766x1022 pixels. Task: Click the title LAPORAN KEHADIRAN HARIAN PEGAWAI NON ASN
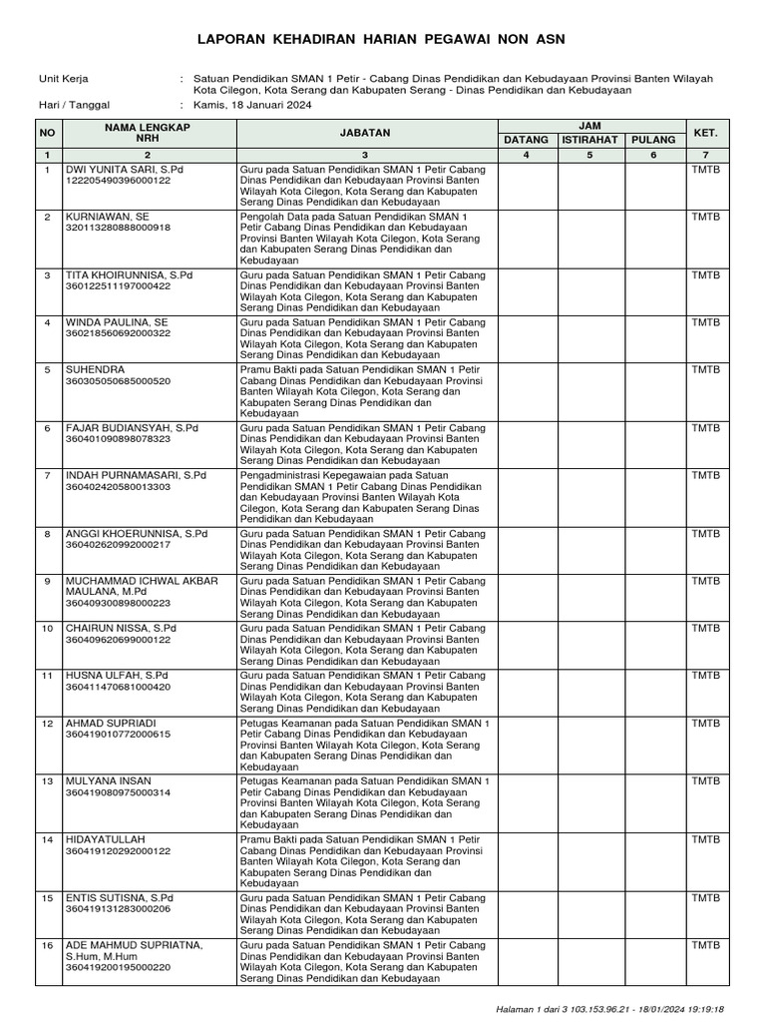pos(382,39)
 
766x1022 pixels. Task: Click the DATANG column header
pos(526,140)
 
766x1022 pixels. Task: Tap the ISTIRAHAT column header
pos(588,140)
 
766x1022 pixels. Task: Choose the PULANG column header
pos(652,140)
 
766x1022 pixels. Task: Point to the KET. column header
pos(705,132)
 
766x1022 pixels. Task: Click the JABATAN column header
pos(364,132)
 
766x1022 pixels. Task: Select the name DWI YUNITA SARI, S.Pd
pos(125,170)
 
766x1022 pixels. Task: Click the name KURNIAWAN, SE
pos(108,216)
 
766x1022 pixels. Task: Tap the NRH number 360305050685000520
pos(118,381)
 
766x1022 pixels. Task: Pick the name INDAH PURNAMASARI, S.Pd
pos(136,475)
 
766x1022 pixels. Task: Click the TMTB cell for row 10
pos(705,628)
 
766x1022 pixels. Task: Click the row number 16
pos(46,945)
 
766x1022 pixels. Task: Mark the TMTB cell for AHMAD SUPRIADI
pos(705,723)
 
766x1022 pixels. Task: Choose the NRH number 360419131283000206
pos(118,909)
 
